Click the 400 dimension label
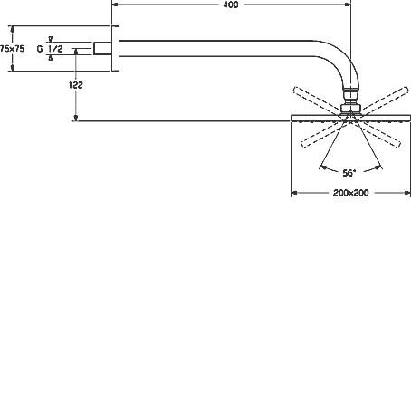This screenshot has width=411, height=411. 231,5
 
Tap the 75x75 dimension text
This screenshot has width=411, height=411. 13,49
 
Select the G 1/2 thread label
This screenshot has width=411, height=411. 50,49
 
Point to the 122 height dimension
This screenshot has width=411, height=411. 75,85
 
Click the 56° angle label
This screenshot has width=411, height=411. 349,173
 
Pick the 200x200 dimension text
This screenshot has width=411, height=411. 351,193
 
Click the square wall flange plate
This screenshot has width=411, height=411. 115,49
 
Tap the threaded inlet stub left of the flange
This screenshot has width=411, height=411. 102,49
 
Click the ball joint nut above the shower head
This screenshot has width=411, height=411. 350,109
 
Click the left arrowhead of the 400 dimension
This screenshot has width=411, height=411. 115,5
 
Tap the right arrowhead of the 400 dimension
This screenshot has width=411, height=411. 348,5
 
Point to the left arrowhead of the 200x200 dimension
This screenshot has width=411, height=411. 294,193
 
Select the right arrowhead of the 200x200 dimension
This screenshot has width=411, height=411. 406,193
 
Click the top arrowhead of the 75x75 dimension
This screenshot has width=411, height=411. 13,29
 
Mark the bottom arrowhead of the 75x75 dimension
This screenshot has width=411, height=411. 13,68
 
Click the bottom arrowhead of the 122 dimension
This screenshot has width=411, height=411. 76,118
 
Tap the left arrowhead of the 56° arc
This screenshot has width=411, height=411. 323,167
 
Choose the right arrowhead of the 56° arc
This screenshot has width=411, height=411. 378,167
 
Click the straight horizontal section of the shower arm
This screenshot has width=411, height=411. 216,48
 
